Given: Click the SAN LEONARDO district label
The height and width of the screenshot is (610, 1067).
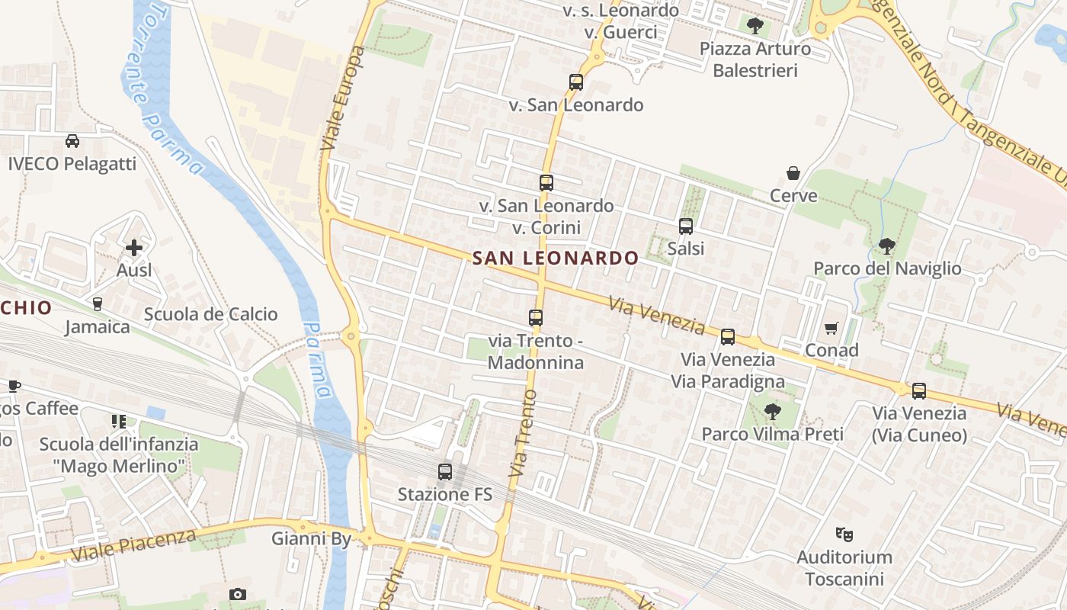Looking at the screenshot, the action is point(555,258).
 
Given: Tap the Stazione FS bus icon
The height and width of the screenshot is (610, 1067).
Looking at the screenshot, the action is point(445,472).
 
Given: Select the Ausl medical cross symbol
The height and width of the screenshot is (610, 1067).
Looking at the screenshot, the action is point(134,247).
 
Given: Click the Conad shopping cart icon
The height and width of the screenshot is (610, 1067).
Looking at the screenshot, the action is point(831,328).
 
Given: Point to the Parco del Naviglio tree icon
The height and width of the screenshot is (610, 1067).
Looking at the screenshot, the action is point(886,246).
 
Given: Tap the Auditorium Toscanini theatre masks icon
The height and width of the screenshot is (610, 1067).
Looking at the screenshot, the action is point(843,534).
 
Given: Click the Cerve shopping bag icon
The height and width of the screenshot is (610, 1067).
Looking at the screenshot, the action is point(793,173).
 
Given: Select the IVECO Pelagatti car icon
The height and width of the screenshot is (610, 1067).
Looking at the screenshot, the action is point(72,141).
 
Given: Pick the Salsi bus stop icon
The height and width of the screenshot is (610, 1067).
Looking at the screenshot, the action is point(686,226).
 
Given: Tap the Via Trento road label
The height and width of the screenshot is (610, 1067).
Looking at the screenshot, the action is point(522,434).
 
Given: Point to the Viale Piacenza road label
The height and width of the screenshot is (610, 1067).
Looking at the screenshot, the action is point(133,545).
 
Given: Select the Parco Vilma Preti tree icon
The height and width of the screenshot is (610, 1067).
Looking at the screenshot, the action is point(773,412).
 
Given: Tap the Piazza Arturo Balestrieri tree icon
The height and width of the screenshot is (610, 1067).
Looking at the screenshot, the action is point(755,27).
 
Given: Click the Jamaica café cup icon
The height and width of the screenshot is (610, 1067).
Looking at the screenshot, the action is point(97,304).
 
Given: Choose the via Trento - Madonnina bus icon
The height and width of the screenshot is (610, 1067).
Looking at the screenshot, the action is point(536,318).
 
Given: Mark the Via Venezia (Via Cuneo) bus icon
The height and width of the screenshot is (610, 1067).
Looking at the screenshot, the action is point(919,391).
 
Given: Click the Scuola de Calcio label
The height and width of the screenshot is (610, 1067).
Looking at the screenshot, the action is point(211,314).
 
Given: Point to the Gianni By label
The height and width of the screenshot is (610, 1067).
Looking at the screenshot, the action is point(312,539).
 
